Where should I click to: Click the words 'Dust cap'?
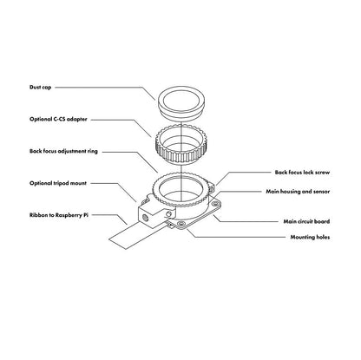pyautogui.click(x=40, y=87)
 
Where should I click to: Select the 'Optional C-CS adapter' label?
pyautogui.click(x=58, y=119)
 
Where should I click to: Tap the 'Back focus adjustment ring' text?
pyautogui.click(x=63, y=151)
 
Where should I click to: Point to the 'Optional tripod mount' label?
pyautogui.click(x=58, y=183)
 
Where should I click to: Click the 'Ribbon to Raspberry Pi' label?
pyautogui.click(x=59, y=215)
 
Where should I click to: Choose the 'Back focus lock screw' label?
pyautogui.click(x=302, y=173)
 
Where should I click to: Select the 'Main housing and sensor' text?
pyautogui.click(x=298, y=192)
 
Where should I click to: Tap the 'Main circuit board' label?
pyautogui.click(x=306, y=221)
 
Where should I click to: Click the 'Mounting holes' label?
pyautogui.click(x=310, y=237)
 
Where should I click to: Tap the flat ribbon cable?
pyautogui.click(x=128, y=235)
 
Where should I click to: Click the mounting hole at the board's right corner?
pyautogui.click(x=215, y=204)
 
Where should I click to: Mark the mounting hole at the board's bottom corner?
pyautogui.click(x=181, y=224)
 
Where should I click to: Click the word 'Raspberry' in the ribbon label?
pyautogui.click(x=69, y=215)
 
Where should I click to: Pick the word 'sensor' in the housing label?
pyautogui.click(x=321, y=192)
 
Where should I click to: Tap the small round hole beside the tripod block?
pyautogui.click(x=169, y=213)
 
